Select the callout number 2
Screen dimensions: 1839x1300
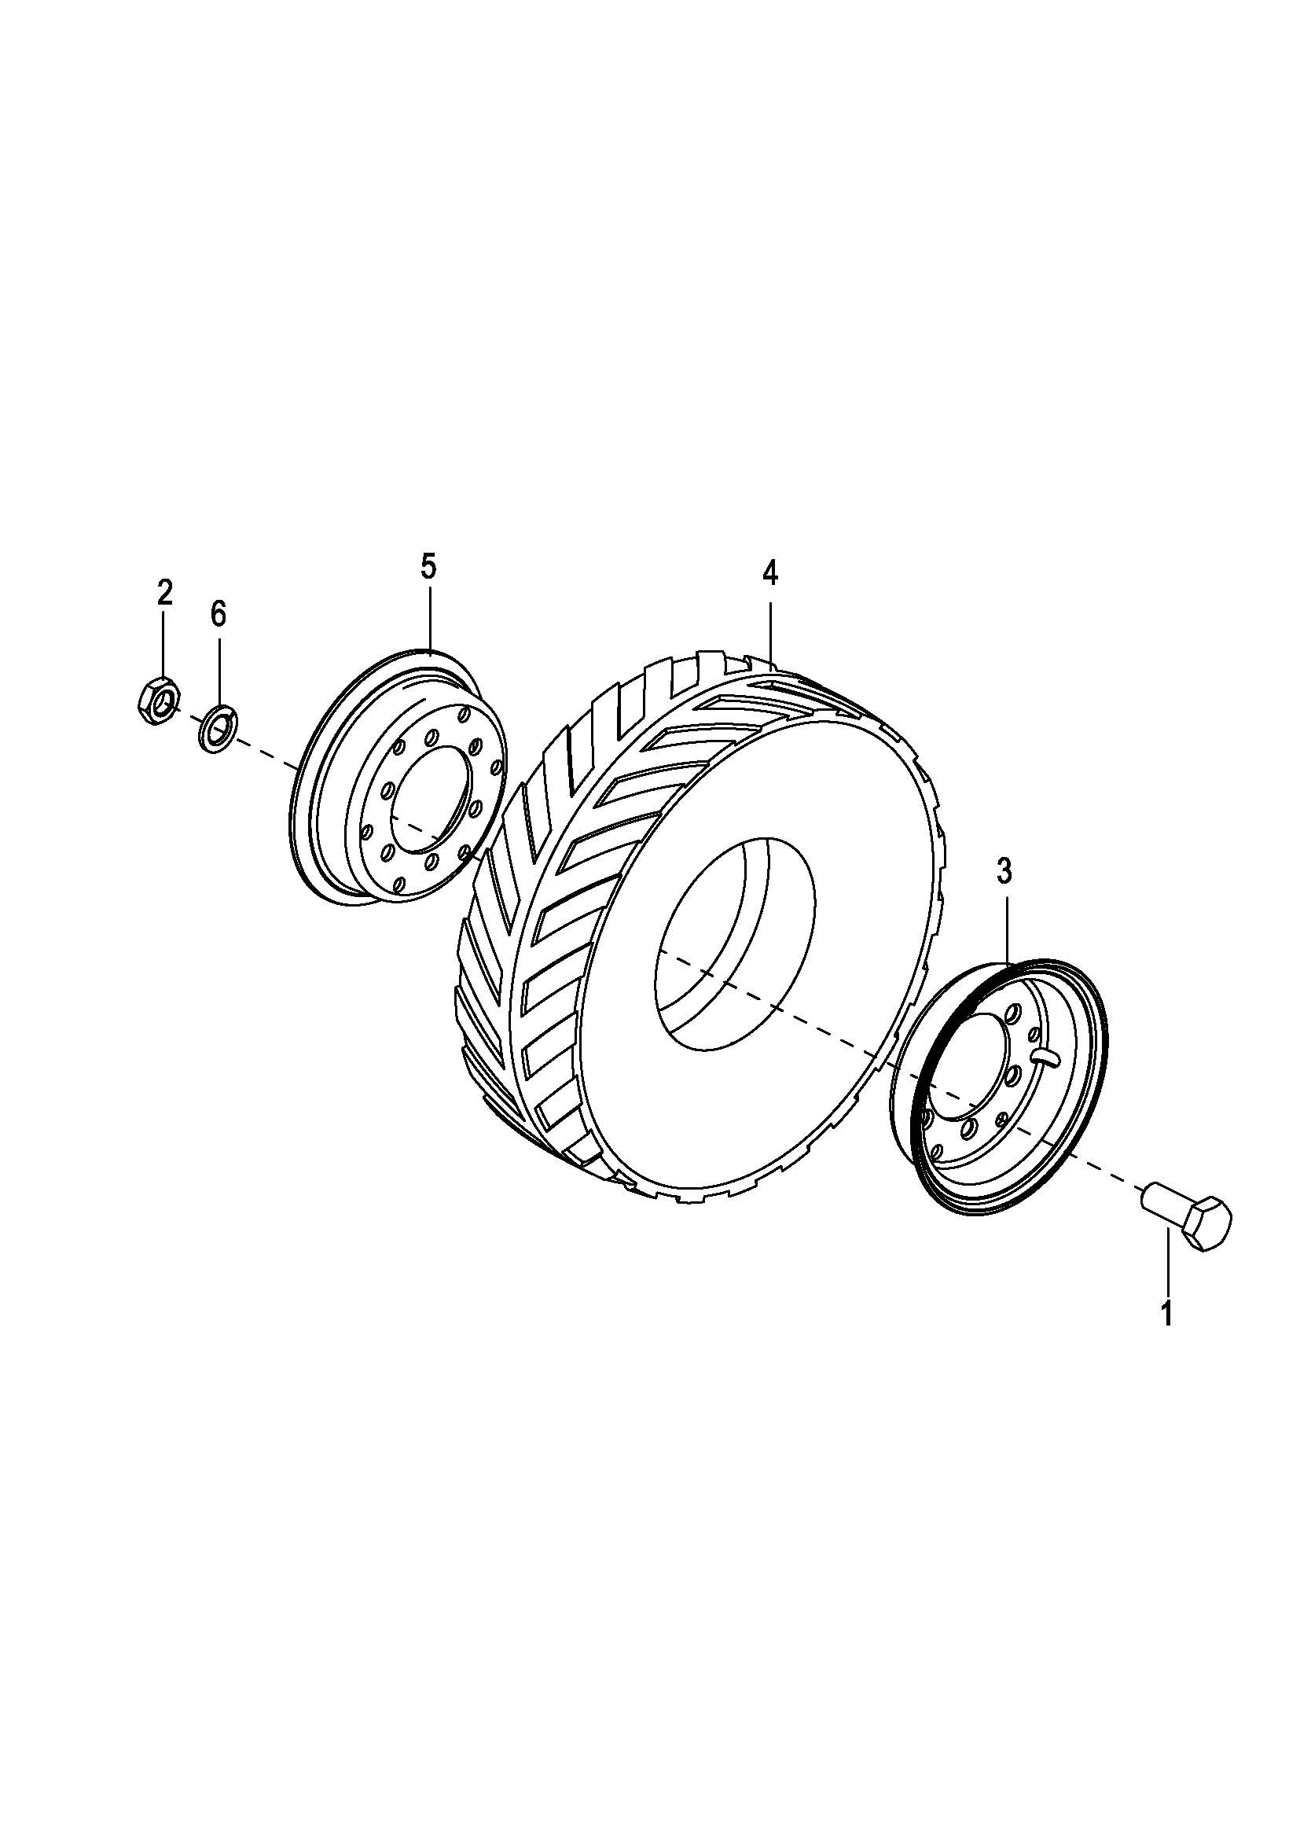164,594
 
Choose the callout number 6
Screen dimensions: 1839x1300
218,614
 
